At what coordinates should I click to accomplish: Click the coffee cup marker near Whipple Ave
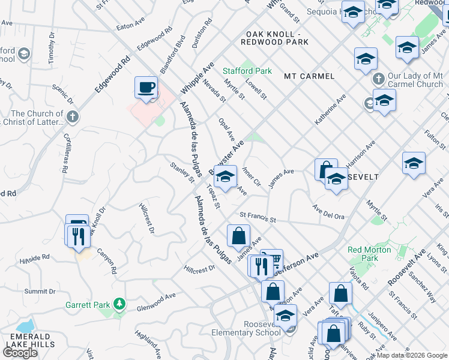click(x=146, y=88)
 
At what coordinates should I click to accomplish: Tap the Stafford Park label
click(x=248, y=71)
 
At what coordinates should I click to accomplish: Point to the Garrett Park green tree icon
click(x=119, y=305)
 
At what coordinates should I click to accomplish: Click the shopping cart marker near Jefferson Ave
click(x=272, y=260)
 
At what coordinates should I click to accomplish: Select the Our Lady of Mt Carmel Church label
click(x=415, y=80)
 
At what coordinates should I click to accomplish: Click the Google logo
click(x=20, y=352)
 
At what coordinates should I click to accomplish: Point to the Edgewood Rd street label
click(x=112, y=74)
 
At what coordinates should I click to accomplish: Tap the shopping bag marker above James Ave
click(x=239, y=235)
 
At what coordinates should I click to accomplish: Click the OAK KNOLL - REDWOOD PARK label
click(x=274, y=38)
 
